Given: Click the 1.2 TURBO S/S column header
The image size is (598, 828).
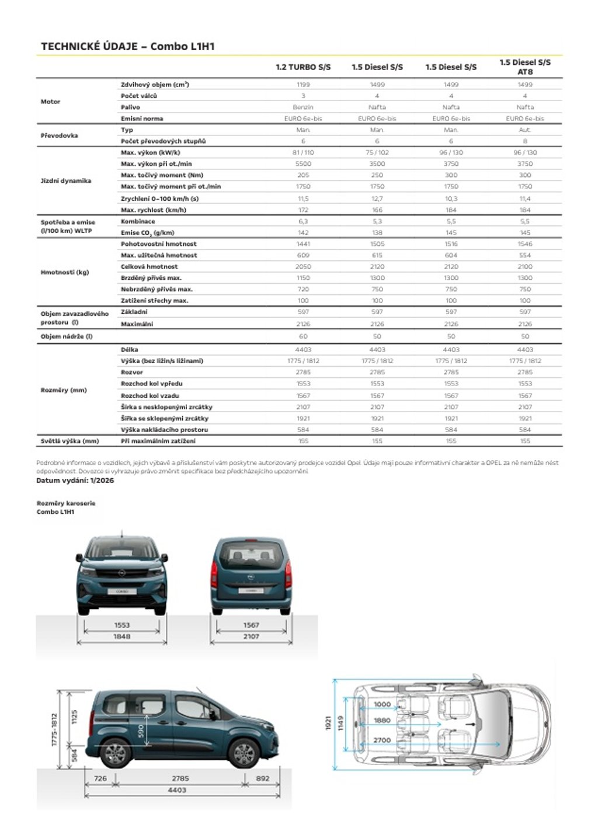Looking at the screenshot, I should (x=303, y=67).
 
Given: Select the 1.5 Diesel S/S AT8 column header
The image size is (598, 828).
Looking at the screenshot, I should (x=525, y=67).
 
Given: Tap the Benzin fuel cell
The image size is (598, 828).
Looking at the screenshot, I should (x=303, y=107).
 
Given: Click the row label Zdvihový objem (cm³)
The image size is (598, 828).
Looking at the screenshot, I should (x=155, y=85).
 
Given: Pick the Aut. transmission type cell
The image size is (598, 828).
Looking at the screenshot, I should (x=525, y=130).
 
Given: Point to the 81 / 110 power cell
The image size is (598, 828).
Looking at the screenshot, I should (x=303, y=152).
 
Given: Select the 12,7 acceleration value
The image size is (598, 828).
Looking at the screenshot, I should (x=377, y=199).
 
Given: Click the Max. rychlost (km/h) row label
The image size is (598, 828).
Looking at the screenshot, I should (x=154, y=210).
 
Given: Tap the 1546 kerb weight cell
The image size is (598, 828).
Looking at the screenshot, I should (x=525, y=244).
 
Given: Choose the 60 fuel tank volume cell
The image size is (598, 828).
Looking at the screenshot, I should (x=303, y=336).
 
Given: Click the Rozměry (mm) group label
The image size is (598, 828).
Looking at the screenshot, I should (x=64, y=390).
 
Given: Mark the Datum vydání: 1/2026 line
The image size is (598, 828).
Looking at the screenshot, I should (x=75, y=481).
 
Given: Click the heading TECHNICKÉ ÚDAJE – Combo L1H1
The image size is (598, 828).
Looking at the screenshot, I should (x=128, y=47).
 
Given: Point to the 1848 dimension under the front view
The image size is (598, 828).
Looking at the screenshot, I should (x=122, y=636).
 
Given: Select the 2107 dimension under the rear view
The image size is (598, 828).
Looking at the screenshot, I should (x=251, y=636).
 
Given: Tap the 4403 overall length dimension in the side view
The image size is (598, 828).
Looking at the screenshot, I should (x=177, y=790).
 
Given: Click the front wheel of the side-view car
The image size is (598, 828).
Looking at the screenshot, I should (x=244, y=753).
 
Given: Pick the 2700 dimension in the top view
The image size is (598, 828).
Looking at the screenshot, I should (x=382, y=740).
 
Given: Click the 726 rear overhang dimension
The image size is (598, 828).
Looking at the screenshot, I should (x=100, y=778).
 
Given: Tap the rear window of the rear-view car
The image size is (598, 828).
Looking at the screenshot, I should (x=251, y=555).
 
